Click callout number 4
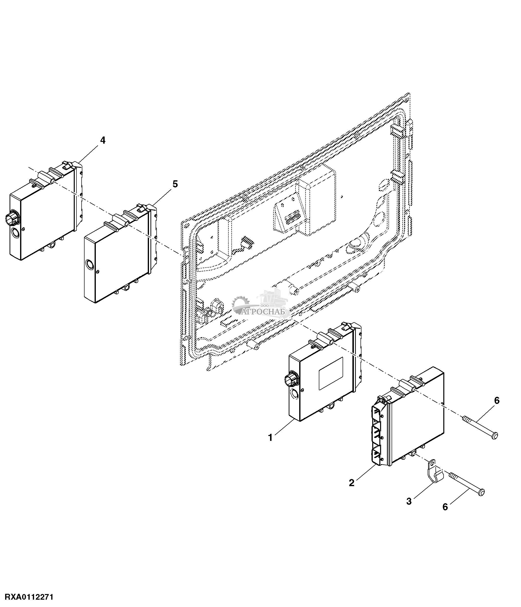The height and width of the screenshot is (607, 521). tap(103, 140)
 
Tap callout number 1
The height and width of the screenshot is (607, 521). tap(270, 438)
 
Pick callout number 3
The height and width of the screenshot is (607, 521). tap(409, 501)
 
